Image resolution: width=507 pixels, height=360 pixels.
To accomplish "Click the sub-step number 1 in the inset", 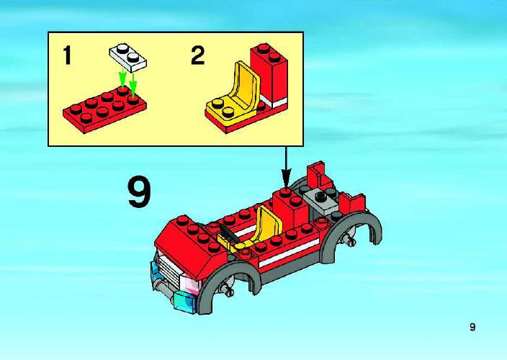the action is pos(67,55).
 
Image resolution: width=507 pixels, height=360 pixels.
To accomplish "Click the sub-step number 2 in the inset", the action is pos(198,55).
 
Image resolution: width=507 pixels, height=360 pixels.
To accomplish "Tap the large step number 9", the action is pos(140,192).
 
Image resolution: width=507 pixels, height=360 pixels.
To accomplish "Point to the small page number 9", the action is pos(472,327).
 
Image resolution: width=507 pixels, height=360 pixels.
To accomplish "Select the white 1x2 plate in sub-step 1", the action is pos(128,58).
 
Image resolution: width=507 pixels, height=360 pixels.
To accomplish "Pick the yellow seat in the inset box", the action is pos(232,94).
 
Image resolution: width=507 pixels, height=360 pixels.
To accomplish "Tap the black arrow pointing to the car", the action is pos(286,167).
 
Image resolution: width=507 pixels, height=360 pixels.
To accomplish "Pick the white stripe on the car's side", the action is pos(289,253).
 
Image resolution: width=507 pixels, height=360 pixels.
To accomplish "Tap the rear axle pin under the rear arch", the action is pos(349,240).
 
